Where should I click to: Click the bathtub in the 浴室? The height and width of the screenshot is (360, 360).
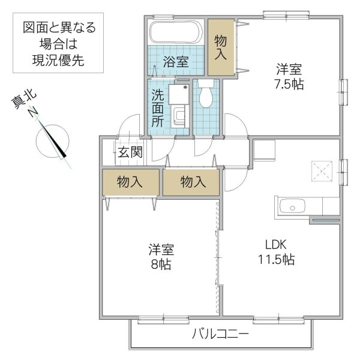[x=176, y=34]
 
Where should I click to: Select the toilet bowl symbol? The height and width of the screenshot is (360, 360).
[x=206, y=97]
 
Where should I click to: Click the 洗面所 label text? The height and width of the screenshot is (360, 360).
[x=157, y=107]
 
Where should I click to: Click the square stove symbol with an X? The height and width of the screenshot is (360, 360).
[x=324, y=172]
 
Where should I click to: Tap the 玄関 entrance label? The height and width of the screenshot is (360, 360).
[x=129, y=151]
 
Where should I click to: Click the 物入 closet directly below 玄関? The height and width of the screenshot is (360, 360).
[x=130, y=182]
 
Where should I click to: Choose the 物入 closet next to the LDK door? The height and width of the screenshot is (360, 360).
[x=193, y=182]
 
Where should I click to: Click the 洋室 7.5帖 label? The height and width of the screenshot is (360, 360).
[x=289, y=76]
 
